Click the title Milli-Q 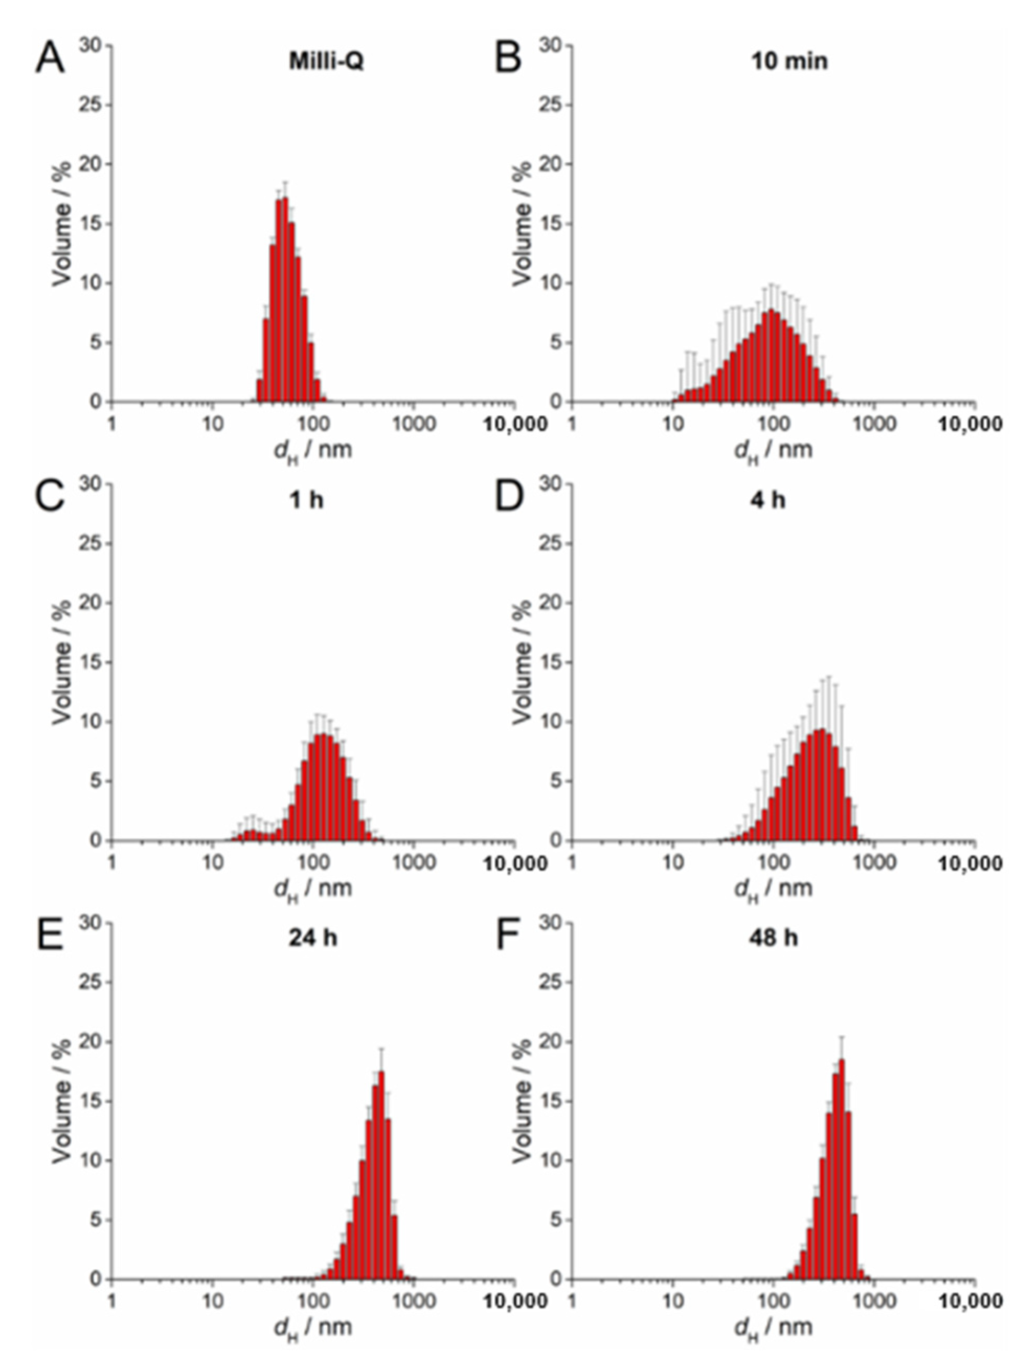pyautogui.click(x=326, y=62)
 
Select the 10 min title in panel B pyautogui.click(x=789, y=61)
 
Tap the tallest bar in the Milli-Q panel pyautogui.click(x=285, y=300)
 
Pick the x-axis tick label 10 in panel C pyautogui.click(x=212, y=862)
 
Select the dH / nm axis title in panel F pyautogui.click(x=773, y=1326)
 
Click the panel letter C pyautogui.click(x=49, y=497)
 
